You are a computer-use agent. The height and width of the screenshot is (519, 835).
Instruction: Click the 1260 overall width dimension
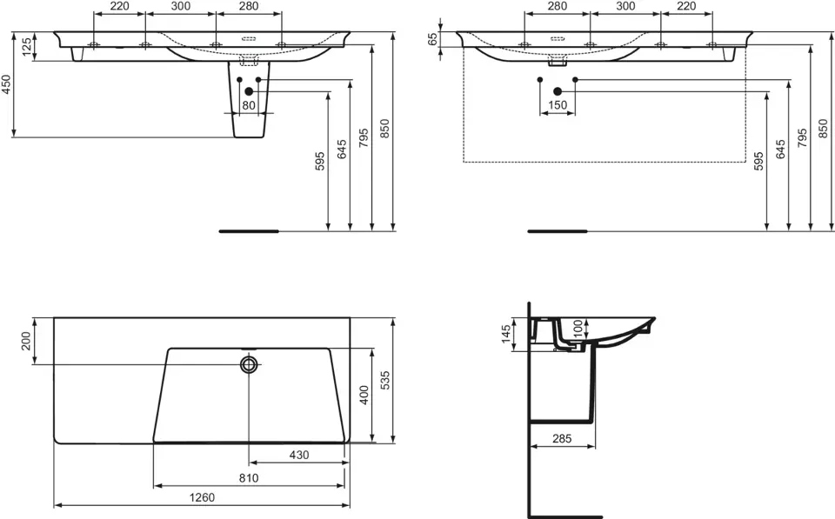point(203,497)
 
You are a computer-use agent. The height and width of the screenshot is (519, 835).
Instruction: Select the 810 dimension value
point(249,478)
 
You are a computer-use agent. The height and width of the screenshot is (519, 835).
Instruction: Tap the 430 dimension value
point(299,456)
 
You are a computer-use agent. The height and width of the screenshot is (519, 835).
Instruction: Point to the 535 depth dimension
point(385,380)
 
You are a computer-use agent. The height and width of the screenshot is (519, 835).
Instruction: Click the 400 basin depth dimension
point(364,395)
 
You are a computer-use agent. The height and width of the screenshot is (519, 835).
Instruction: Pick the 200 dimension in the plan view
point(26,341)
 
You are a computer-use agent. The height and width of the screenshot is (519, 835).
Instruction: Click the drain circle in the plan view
point(249,364)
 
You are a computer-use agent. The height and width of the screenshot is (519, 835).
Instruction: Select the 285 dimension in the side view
point(562,439)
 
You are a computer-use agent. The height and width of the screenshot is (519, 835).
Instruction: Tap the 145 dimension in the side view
point(506,335)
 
